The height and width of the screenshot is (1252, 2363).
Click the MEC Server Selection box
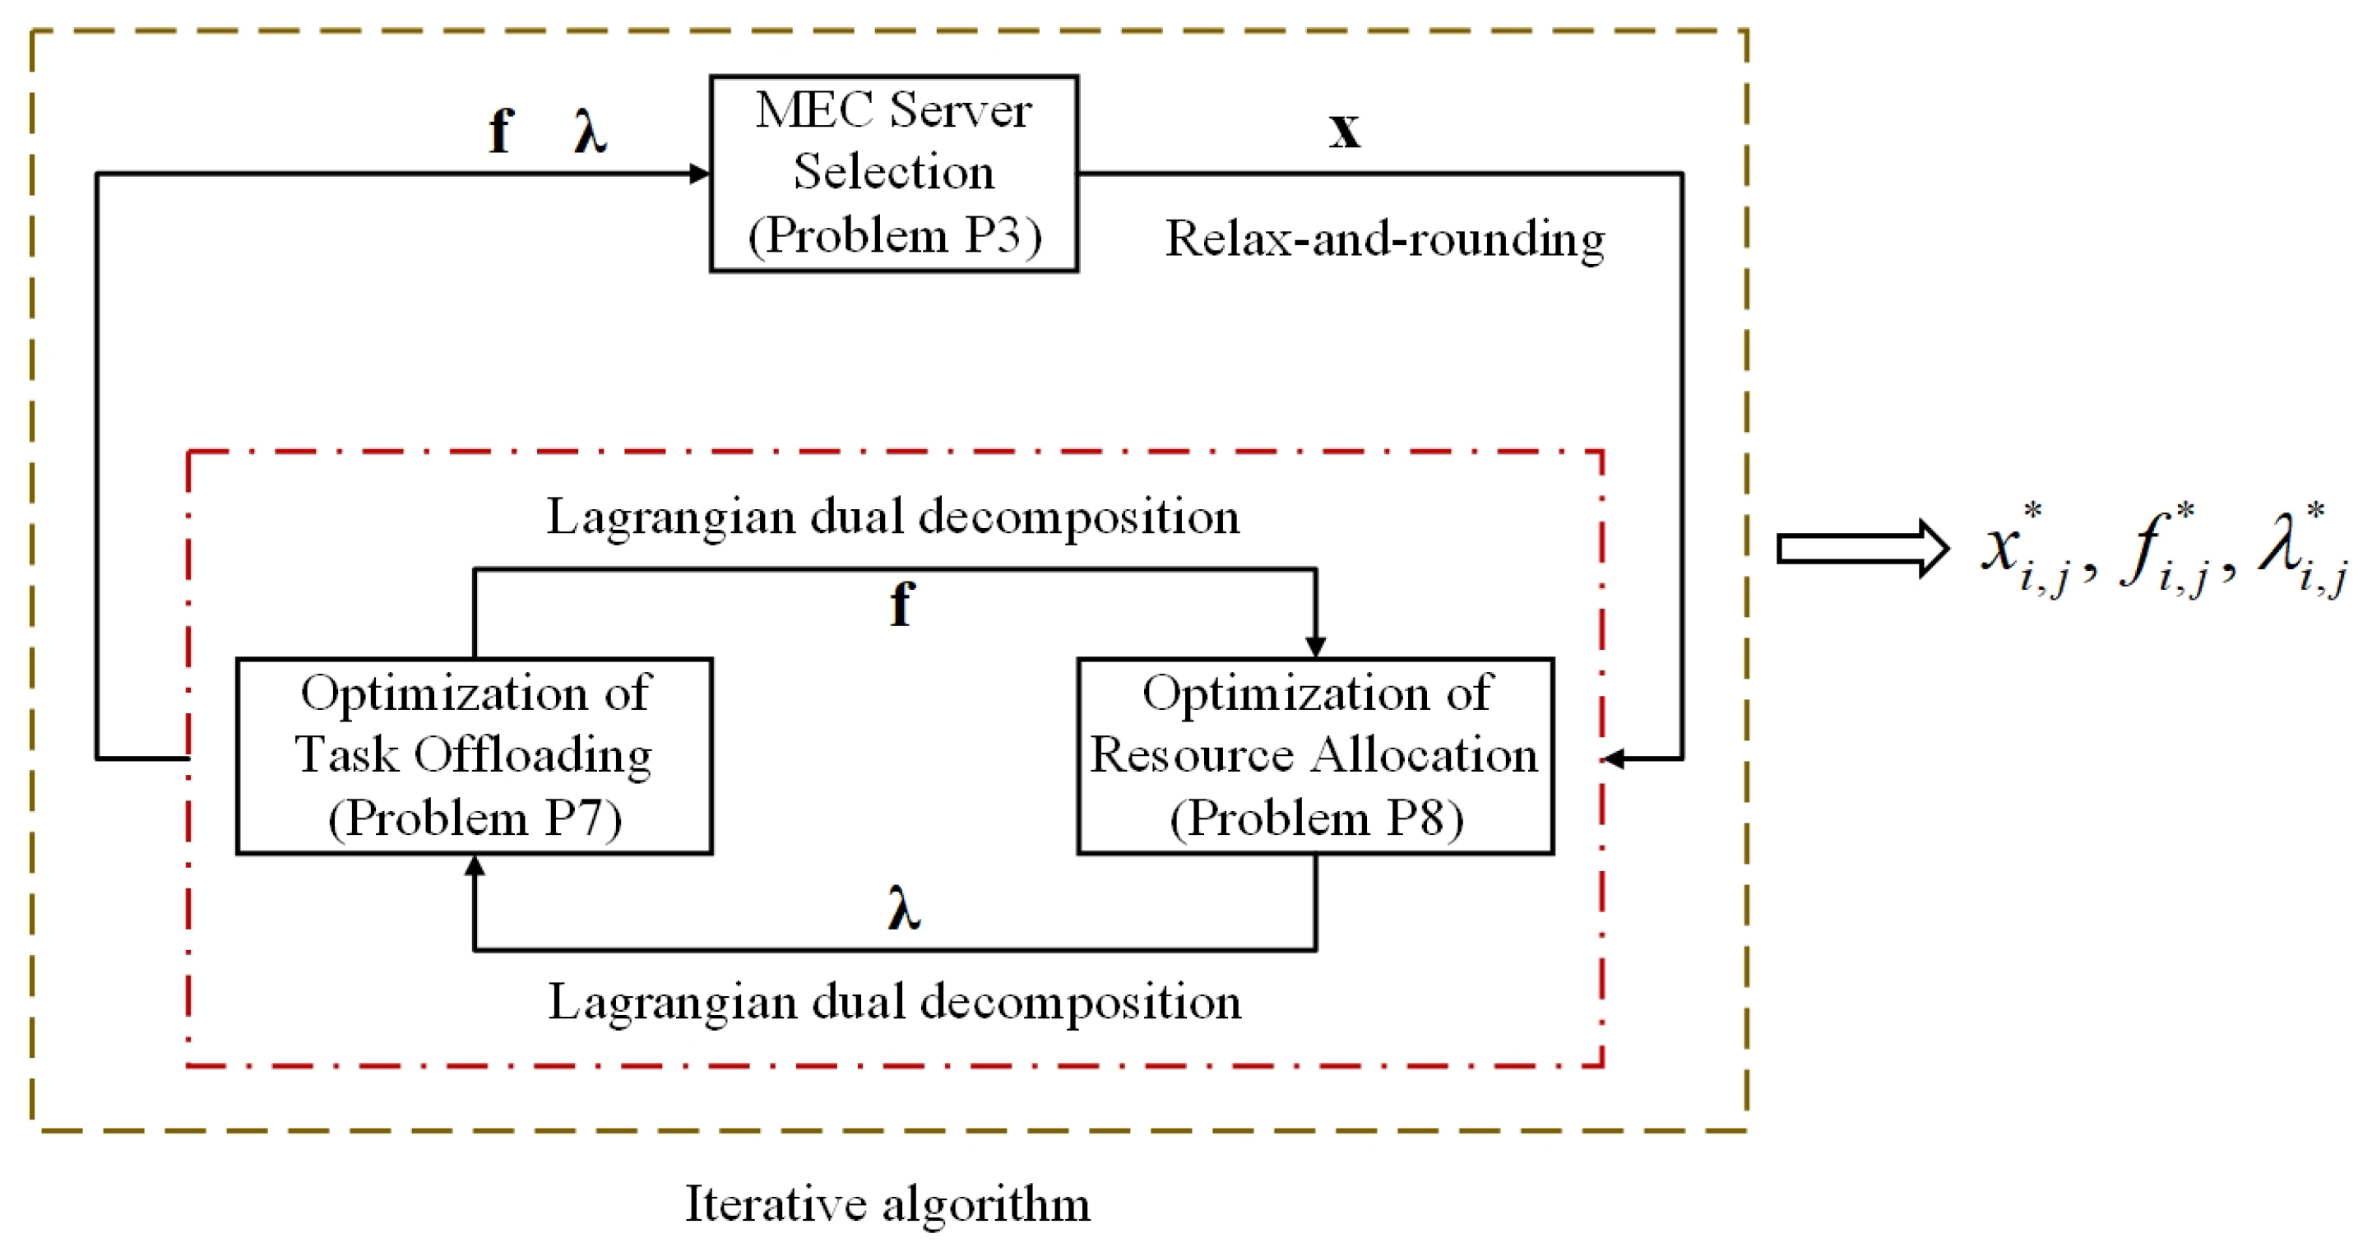[893, 174]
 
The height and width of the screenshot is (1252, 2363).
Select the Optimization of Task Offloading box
[475, 756]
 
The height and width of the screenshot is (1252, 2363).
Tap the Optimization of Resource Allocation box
[1314, 756]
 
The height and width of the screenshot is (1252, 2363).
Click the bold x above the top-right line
[1344, 130]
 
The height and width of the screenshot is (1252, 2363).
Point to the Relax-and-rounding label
[1384, 239]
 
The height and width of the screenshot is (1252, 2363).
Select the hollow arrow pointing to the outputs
[1862, 549]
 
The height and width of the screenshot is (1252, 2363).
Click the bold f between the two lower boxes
[901, 605]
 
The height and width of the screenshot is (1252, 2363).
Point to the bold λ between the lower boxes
[904, 909]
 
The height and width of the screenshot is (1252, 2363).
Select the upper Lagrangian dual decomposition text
[892, 517]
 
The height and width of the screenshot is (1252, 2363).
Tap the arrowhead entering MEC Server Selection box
[700, 174]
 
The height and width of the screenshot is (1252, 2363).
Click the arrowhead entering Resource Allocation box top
[1315, 647]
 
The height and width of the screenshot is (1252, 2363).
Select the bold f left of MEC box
[500, 130]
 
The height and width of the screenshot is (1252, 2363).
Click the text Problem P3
[894, 236]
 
